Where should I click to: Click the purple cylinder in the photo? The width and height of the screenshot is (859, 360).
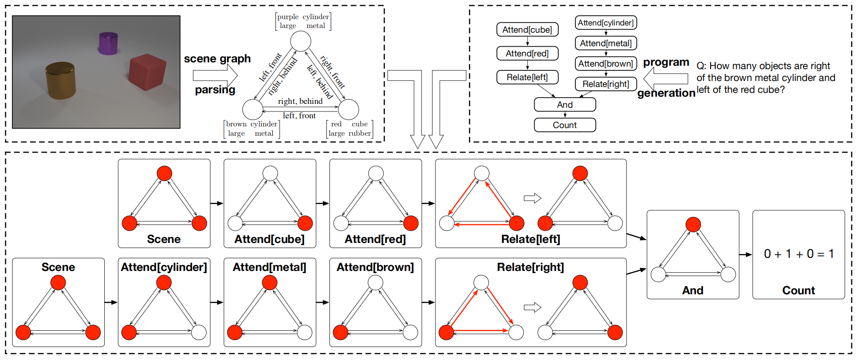click(108, 43)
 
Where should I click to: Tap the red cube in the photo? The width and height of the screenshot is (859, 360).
click(147, 72)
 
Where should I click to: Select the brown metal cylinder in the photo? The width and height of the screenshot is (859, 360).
click(61, 81)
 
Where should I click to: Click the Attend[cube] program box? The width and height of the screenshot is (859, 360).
click(527, 30)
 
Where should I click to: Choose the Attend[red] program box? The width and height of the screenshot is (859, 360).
click(527, 53)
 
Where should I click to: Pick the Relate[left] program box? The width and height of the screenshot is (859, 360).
click(527, 77)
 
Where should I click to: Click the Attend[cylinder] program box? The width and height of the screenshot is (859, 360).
click(606, 23)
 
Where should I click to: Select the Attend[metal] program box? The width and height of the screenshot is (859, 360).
click(606, 43)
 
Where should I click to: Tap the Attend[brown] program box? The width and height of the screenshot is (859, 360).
click(606, 64)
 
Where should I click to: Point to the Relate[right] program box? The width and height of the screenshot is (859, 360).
click(606, 84)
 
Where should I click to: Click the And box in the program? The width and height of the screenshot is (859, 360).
click(565, 105)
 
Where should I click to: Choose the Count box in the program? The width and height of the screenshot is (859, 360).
click(565, 125)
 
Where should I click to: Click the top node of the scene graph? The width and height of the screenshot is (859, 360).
click(301, 42)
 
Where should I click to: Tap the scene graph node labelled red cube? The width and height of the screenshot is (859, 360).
click(349, 109)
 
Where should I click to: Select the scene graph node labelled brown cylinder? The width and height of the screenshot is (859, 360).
click(253, 109)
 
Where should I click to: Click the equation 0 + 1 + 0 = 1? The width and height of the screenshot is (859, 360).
click(799, 254)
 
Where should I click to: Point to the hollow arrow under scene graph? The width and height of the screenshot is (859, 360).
click(215, 76)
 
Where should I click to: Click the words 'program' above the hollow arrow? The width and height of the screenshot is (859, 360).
click(666, 63)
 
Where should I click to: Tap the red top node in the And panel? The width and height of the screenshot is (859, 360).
click(693, 224)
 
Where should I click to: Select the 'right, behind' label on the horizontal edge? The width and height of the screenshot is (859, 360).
click(300, 101)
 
